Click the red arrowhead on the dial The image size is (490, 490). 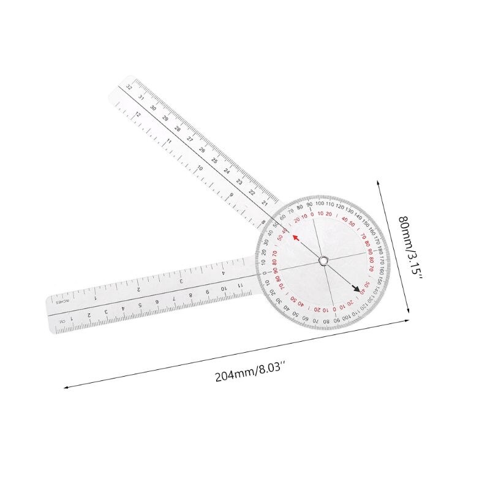point(295,239)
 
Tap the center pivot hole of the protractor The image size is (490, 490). point(322,262)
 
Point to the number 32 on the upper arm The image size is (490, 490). point(128,87)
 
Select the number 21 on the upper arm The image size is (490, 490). point(265,202)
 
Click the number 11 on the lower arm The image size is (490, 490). point(241,284)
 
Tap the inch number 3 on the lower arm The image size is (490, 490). point(181,281)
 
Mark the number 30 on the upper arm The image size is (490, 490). point(153,107)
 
